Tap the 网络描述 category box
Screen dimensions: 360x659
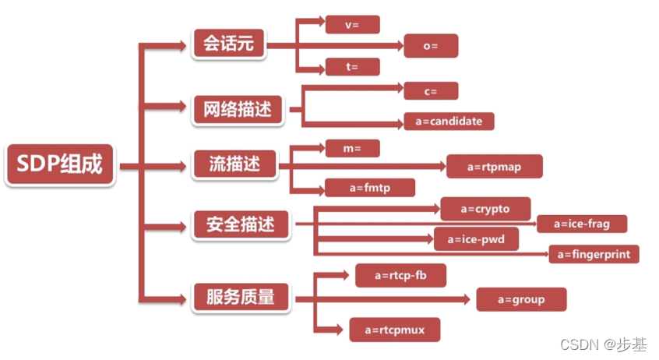(x=237, y=110)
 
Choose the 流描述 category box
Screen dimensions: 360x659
(x=231, y=164)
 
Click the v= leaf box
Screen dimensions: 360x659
(x=352, y=24)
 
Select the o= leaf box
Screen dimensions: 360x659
(x=431, y=46)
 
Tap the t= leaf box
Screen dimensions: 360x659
(x=352, y=67)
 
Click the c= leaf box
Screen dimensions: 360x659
(x=431, y=91)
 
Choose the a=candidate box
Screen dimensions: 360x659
(x=449, y=121)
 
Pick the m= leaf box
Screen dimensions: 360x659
(x=352, y=147)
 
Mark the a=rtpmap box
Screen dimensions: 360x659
(x=494, y=166)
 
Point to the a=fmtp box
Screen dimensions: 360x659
(x=370, y=187)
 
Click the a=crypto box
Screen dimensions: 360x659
(x=485, y=208)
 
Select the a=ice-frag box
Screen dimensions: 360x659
(x=581, y=224)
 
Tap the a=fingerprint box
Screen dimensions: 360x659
(x=594, y=254)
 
